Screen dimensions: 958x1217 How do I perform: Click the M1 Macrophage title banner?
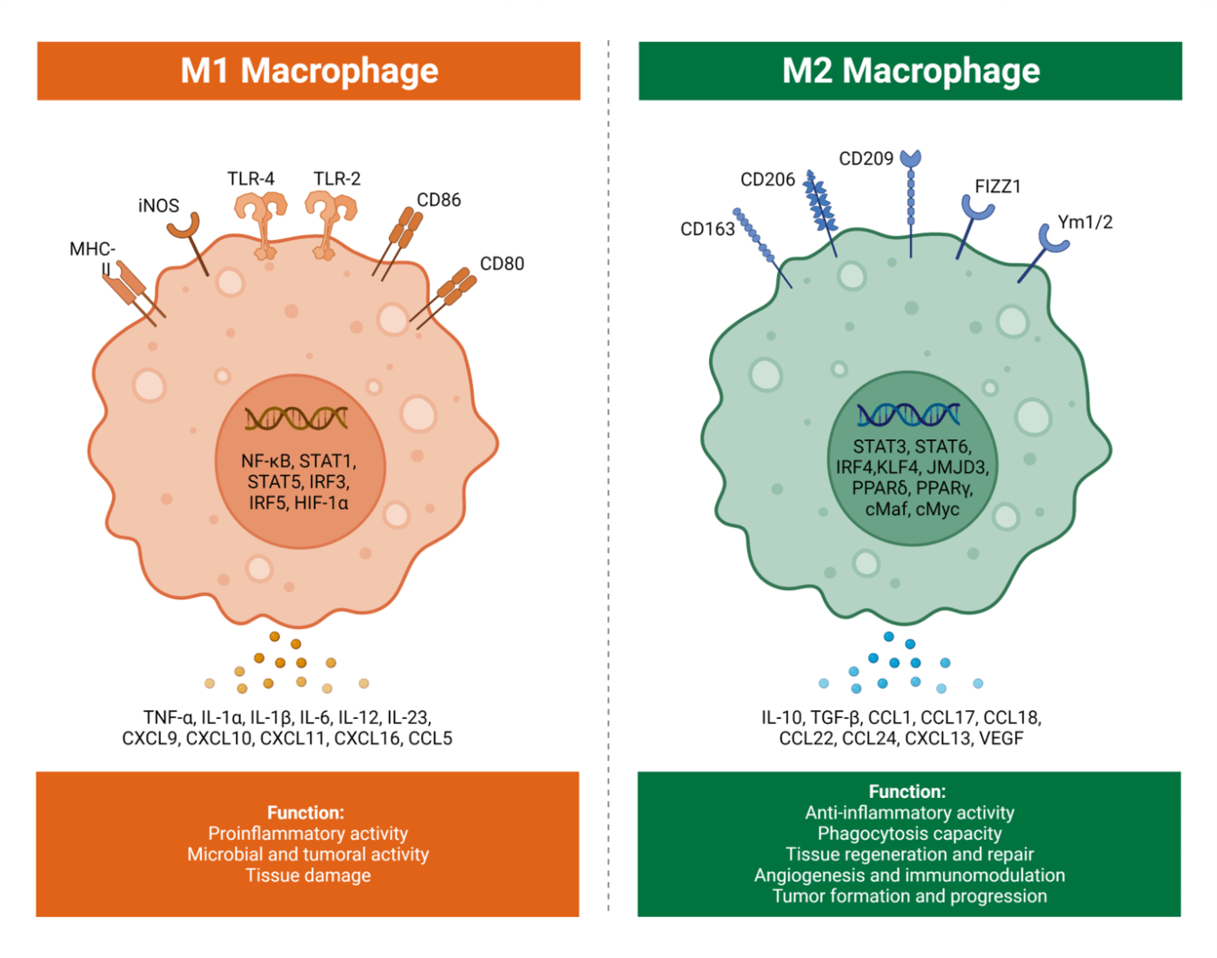[x=309, y=70]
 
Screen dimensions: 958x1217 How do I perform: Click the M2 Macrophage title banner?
[x=910, y=70]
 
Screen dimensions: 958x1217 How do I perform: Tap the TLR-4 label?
[x=251, y=178]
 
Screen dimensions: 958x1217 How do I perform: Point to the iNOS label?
[x=158, y=205]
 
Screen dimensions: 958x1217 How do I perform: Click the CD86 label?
[x=438, y=199]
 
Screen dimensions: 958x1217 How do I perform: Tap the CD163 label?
[x=707, y=229]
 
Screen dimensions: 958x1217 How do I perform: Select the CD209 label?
[x=866, y=158]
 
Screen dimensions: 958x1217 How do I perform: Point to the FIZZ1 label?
[x=997, y=186]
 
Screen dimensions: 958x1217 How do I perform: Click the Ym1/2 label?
[x=1084, y=222]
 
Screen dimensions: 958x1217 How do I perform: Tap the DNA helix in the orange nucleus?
[x=297, y=419]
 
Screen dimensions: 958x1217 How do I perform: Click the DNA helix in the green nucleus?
[x=908, y=415]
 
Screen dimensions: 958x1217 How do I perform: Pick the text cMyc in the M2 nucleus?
[x=937, y=509]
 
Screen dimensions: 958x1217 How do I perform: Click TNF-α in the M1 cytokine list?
[x=169, y=717]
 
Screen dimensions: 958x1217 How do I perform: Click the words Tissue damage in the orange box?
[x=308, y=875]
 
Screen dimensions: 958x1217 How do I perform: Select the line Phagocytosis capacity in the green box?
[x=909, y=834]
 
